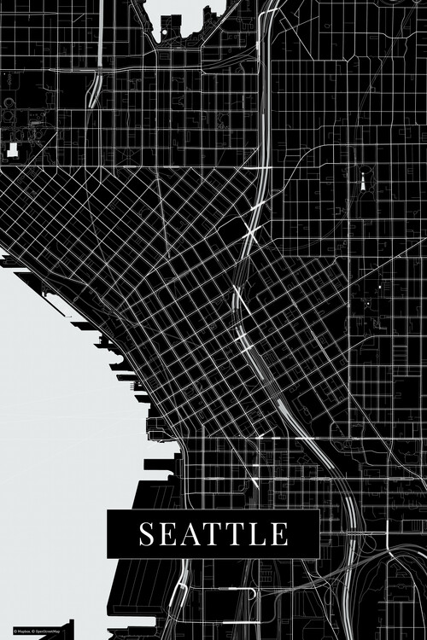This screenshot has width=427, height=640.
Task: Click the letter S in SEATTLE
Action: coord(149,534)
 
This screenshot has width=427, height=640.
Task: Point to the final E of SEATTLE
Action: coord(279,534)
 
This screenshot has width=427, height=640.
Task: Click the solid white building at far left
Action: coord(13,151)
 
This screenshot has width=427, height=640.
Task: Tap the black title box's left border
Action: coord(108,534)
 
